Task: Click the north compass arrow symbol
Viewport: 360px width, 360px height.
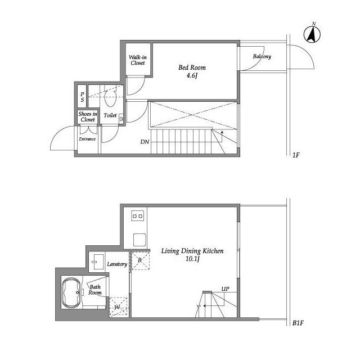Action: (x=312, y=34)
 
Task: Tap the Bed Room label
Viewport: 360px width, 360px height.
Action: (x=192, y=67)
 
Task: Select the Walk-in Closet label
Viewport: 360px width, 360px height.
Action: (x=138, y=60)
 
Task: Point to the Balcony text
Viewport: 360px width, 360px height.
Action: (x=262, y=56)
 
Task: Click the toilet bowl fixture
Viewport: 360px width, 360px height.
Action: (x=111, y=98)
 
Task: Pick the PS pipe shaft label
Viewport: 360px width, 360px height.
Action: (x=82, y=97)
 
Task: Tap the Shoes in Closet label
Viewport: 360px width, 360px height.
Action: (x=88, y=116)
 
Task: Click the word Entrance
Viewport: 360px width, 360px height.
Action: (x=87, y=139)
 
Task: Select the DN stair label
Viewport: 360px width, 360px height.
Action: (x=145, y=142)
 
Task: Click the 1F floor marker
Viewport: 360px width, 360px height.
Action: (x=296, y=155)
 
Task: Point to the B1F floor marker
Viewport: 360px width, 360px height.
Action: (x=298, y=323)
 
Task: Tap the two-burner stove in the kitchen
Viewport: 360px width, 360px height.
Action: (x=138, y=216)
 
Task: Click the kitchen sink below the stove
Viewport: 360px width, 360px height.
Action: (x=139, y=240)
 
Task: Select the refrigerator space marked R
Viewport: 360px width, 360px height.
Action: (x=140, y=260)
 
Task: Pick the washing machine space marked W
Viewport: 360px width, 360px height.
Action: (x=118, y=307)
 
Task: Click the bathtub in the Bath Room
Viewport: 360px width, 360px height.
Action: (x=71, y=292)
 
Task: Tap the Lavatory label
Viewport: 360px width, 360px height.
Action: (x=117, y=264)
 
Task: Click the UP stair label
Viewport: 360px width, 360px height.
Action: (x=225, y=289)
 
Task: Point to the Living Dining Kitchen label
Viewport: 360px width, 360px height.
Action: (x=192, y=251)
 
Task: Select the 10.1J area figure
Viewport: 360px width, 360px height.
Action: (x=192, y=259)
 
